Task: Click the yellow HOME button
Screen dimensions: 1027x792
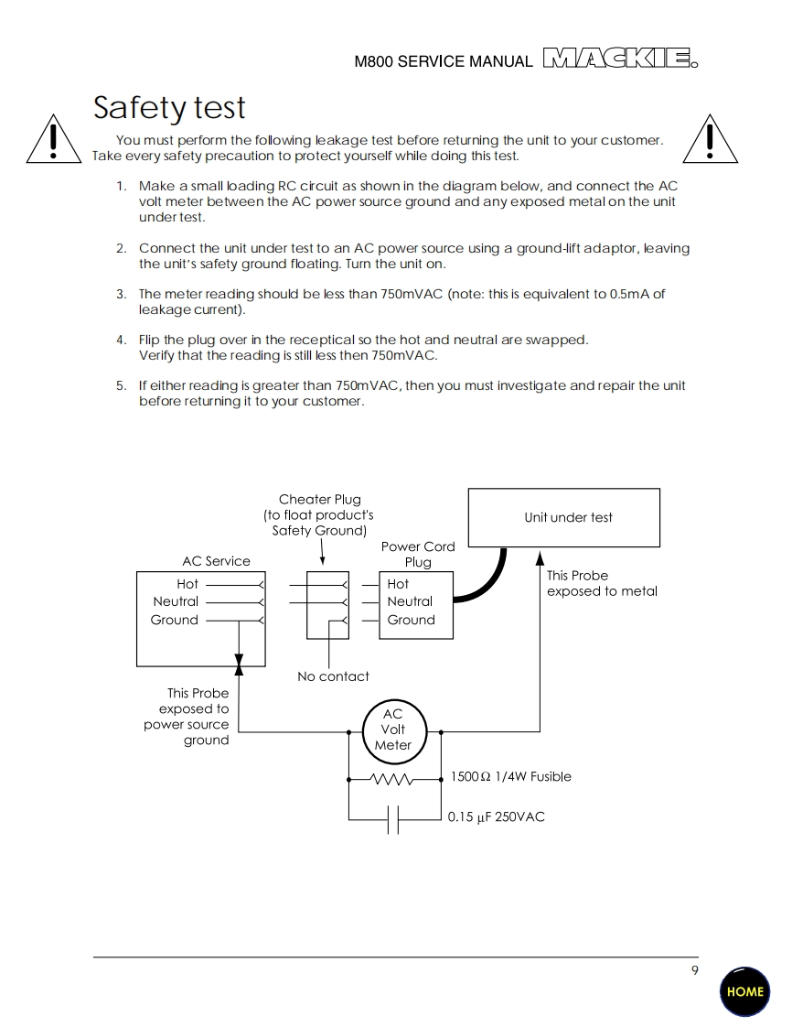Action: [744, 991]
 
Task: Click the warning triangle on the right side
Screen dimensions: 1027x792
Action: [710, 139]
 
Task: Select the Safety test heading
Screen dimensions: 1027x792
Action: [169, 108]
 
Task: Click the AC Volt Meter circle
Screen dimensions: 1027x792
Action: [392, 730]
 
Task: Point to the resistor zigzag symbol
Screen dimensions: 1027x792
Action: [392, 779]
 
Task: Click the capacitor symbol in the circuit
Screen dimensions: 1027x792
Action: [392, 818]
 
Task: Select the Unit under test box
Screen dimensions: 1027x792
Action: [563, 517]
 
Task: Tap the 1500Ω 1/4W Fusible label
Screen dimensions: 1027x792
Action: [510, 777]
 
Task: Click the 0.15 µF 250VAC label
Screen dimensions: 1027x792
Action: [496, 816]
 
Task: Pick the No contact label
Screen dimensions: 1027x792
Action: [333, 676]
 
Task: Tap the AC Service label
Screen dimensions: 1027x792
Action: [216, 561]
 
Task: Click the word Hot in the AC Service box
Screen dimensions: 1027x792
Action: [187, 584]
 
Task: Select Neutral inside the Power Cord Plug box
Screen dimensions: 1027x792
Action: [410, 601]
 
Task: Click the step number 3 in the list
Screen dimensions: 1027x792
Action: [121, 294]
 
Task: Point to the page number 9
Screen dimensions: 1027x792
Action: [695, 970]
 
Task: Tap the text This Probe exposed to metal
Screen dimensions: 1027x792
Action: [602, 583]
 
